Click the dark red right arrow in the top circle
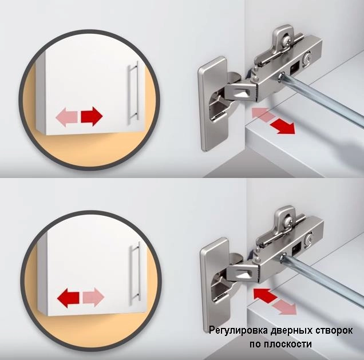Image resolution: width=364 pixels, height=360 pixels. pos(92,117)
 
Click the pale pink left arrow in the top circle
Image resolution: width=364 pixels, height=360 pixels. pos(66,117)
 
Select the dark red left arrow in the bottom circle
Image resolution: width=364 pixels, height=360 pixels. pos(68,298)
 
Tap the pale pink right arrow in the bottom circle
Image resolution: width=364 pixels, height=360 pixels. pos(93,297)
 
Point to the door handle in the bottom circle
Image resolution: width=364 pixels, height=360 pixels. pos(136,272)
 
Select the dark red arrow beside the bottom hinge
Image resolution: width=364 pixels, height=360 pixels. pos(265,296)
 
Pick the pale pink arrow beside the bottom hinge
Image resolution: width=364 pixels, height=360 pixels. pos(285,307)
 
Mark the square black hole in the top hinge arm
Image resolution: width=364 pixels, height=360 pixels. pos(294,68)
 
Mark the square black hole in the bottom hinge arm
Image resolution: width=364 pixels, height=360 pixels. pos(296,248)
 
